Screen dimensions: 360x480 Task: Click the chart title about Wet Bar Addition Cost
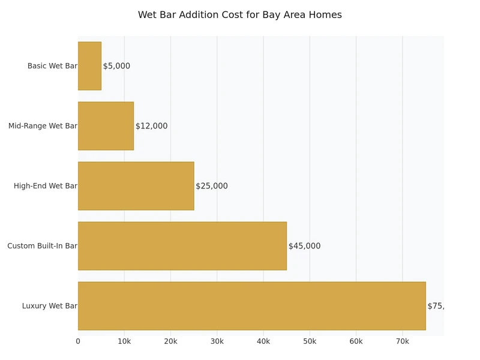[x=239, y=15]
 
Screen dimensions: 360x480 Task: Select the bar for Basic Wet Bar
[x=89, y=66]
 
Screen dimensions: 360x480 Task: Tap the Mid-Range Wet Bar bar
[x=106, y=126]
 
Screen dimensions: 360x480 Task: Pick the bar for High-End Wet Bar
[x=136, y=186]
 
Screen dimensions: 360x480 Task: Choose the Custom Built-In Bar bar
[x=182, y=246]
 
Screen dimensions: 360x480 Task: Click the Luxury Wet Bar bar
[x=251, y=306]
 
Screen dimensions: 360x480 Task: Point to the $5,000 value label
[x=116, y=66]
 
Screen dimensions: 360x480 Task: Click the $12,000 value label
[x=151, y=126]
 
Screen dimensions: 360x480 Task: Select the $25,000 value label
[x=212, y=186]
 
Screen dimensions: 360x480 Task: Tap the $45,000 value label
[x=304, y=246]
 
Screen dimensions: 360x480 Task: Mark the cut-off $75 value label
[x=435, y=306]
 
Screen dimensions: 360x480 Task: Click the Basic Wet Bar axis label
[x=52, y=66]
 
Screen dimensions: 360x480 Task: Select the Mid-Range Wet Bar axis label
[x=43, y=126]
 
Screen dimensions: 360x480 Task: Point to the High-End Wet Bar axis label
[x=46, y=186]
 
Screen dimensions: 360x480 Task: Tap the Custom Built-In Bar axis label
[x=42, y=246]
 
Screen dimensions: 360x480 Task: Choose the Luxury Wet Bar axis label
[x=50, y=306]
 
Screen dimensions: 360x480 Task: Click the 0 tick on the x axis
[x=78, y=341]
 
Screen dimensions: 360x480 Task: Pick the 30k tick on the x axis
[x=217, y=341]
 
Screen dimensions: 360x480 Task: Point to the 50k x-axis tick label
[x=310, y=341]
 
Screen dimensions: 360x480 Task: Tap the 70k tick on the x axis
[x=402, y=341]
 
